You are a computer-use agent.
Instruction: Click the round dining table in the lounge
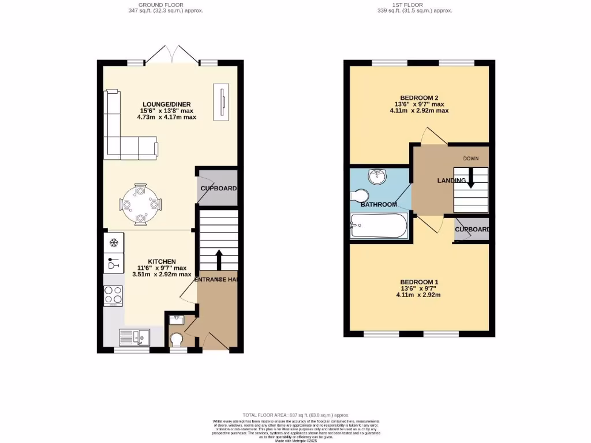141,204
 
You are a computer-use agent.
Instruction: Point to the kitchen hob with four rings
113,295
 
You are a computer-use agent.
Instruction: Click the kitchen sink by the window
133,336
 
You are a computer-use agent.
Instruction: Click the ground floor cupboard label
218,189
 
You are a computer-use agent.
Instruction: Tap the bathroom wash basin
378,176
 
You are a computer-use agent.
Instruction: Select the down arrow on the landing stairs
470,178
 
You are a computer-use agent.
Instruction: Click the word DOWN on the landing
470,157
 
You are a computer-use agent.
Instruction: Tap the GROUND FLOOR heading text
166,5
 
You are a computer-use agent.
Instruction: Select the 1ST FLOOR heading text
414,5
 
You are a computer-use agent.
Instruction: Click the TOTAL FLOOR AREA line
295,415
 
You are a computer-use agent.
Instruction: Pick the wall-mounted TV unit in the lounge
221,102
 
